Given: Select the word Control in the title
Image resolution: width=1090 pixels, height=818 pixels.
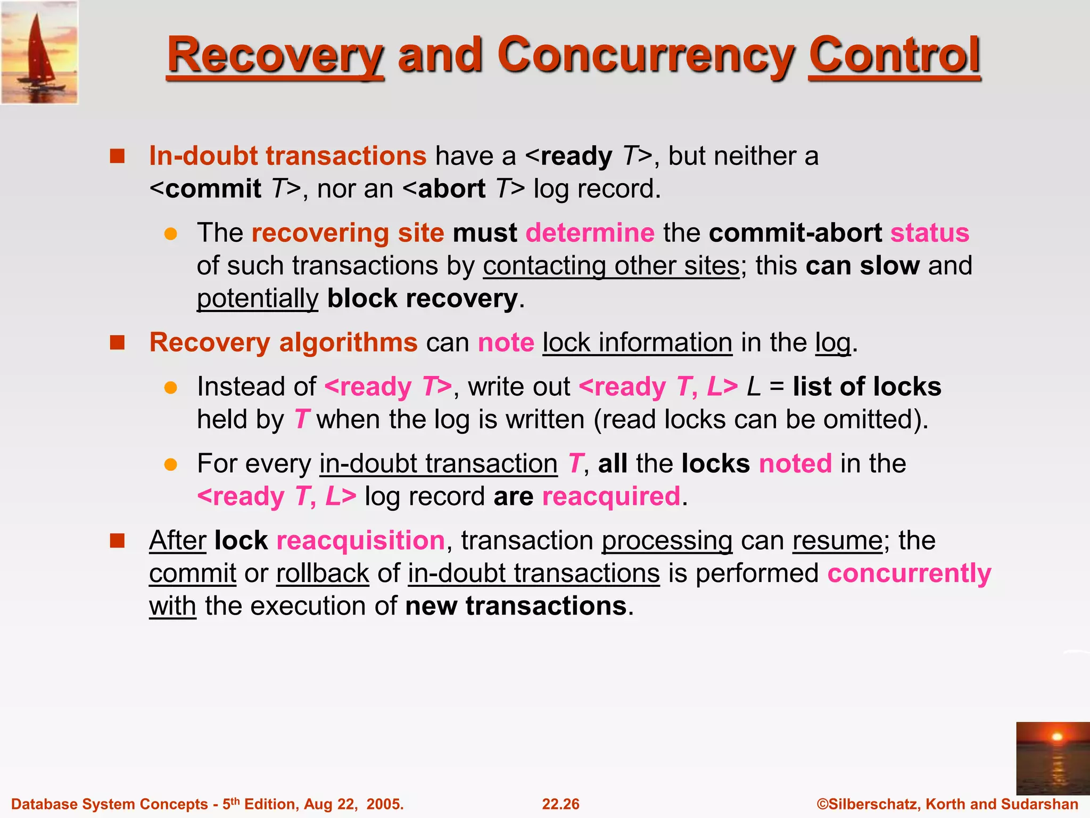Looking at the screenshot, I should (x=894, y=55).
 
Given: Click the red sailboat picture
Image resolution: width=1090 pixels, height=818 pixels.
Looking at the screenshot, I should (x=39, y=52).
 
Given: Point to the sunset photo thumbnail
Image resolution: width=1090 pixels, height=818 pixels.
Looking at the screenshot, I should (x=1053, y=758).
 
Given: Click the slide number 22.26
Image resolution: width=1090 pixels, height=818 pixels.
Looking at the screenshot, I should (x=560, y=804).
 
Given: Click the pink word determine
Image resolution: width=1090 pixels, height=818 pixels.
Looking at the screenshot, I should (x=590, y=233).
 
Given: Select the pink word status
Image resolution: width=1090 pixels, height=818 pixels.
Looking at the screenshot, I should (x=930, y=233).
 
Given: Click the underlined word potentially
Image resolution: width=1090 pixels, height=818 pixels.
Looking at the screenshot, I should (x=258, y=299).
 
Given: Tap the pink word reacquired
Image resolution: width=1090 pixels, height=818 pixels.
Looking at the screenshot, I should (x=611, y=496).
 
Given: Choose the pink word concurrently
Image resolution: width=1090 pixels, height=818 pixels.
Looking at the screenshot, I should (x=909, y=574).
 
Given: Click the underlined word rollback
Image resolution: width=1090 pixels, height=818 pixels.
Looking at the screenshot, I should (x=323, y=574).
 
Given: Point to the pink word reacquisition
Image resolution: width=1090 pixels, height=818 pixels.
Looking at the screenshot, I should (x=360, y=541).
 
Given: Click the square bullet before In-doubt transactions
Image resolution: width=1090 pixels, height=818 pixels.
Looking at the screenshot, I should (x=117, y=156).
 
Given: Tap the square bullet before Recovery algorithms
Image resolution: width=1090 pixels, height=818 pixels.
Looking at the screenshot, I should (x=117, y=342).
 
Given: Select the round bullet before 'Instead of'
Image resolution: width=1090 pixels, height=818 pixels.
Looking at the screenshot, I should (x=170, y=387).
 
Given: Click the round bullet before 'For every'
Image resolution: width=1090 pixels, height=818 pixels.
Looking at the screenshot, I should (x=170, y=464).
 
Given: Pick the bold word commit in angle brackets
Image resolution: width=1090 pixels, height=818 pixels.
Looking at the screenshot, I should (x=213, y=189).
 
